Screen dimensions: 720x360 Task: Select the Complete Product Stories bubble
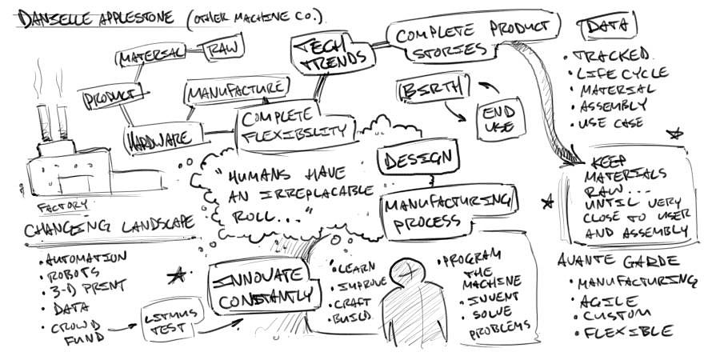tap(473, 38)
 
